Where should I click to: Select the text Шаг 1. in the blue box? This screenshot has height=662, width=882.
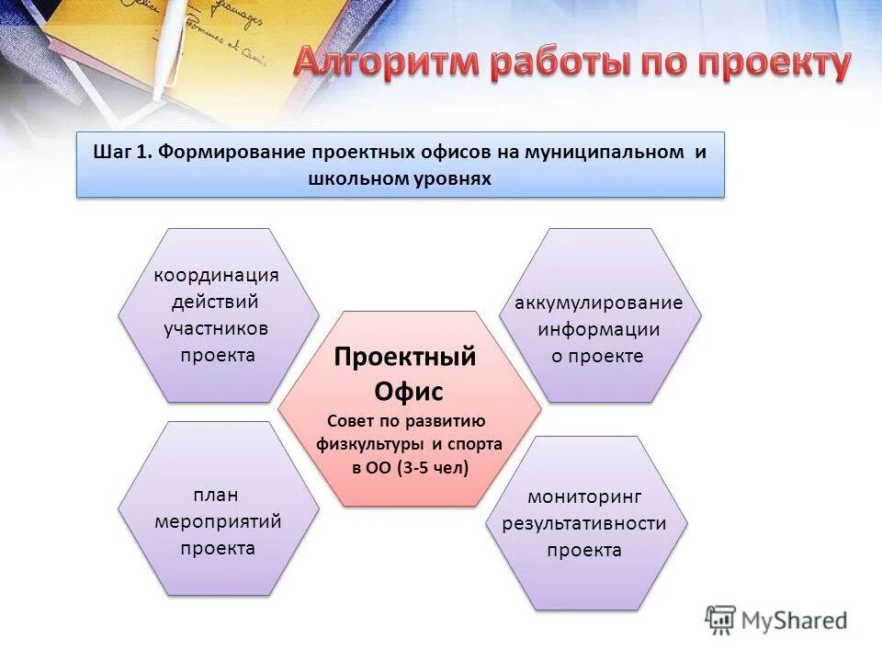121,152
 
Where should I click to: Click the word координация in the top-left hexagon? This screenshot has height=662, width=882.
216,276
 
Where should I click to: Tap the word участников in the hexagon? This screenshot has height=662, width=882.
216,328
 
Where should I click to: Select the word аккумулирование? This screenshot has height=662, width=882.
599,302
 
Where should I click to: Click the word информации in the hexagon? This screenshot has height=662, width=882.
599,329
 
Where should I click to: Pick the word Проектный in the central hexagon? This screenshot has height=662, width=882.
405,357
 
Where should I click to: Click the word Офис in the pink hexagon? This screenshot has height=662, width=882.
408,392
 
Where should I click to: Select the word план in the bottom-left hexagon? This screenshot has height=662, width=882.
218,495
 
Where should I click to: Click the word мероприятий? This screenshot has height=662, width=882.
218,521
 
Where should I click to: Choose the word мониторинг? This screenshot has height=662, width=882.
584,496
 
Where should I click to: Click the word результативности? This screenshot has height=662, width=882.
584,523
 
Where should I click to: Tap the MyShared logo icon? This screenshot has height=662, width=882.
721,621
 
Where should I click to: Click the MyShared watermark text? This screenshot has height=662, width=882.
795,622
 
